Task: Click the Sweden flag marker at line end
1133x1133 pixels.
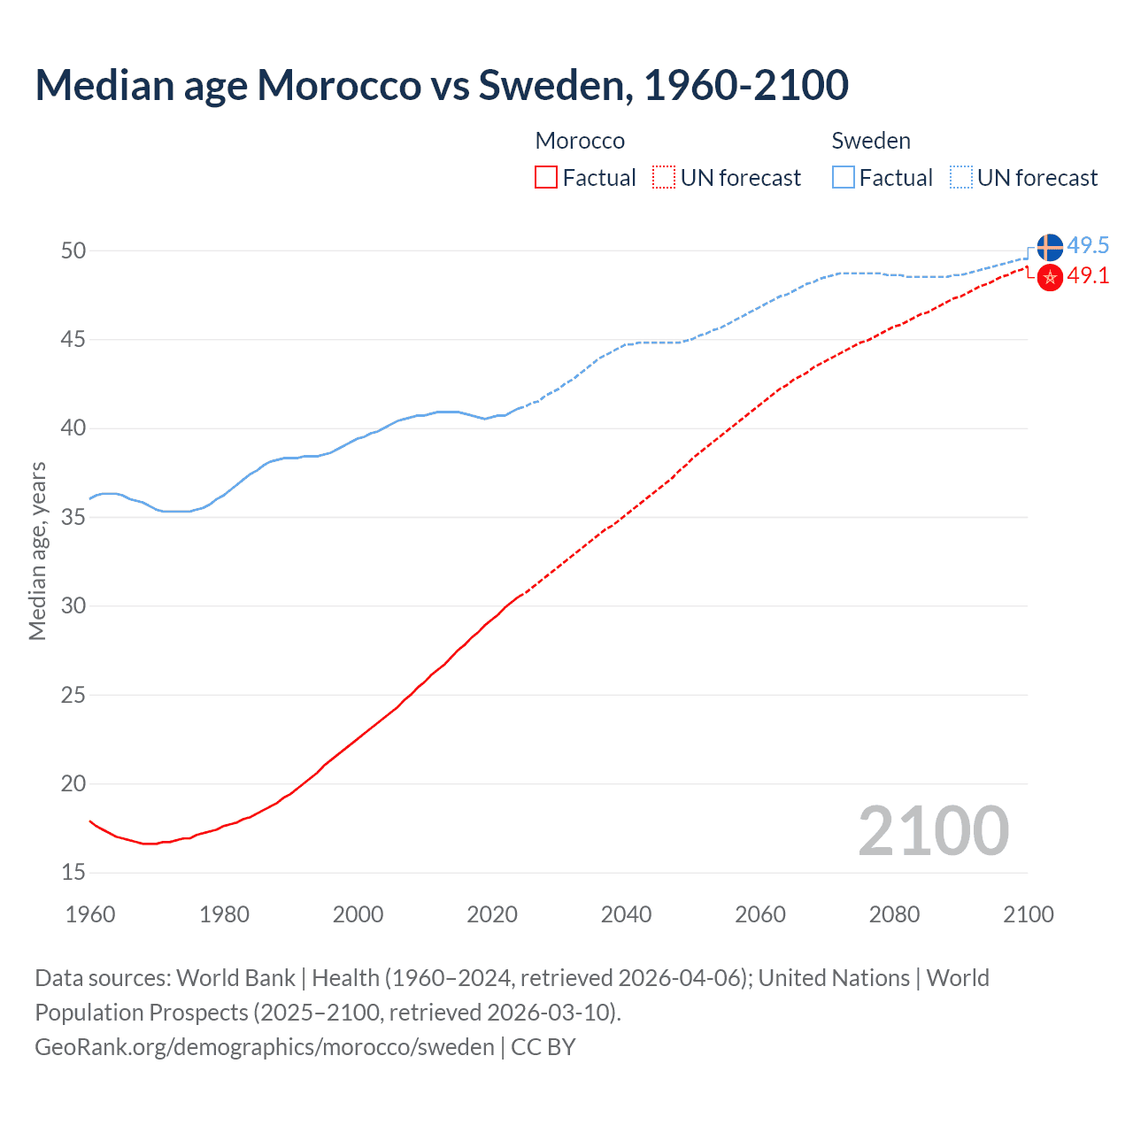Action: click(x=1049, y=247)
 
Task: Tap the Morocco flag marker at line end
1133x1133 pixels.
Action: click(x=1049, y=277)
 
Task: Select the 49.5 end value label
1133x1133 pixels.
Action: click(x=1088, y=245)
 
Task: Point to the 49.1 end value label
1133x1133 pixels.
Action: click(x=1088, y=275)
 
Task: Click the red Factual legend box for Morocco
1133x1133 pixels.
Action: click(x=546, y=178)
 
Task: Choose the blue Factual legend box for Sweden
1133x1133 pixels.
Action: click(x=844, y=178)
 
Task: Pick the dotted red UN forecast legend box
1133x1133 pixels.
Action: click(x=664, y=178)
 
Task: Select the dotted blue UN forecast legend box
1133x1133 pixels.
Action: click(x=961, y=178)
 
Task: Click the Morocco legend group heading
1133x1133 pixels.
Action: click(x=580, y=141)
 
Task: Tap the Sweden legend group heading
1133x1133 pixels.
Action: click(x=871, y=141)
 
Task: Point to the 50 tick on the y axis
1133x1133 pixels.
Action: click(x=73, y=250)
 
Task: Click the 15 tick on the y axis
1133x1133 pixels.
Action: click(x=73, y=873)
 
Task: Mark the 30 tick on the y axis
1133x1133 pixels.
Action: click(x=73, y=606)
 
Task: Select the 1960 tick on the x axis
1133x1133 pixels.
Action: click(x=90, y=914)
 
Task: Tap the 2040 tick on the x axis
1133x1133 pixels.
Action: click(x=626, y=914)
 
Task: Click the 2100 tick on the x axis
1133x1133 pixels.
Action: click(x=1028, y=914)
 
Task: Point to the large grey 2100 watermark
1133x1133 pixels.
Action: click(x=933, y=831)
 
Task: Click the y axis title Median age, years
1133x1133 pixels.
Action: click(x=37, y=551)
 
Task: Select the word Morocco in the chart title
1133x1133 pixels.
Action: click(x=339, y=85)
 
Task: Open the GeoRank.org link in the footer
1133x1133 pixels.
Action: click(x=264, y=1047)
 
